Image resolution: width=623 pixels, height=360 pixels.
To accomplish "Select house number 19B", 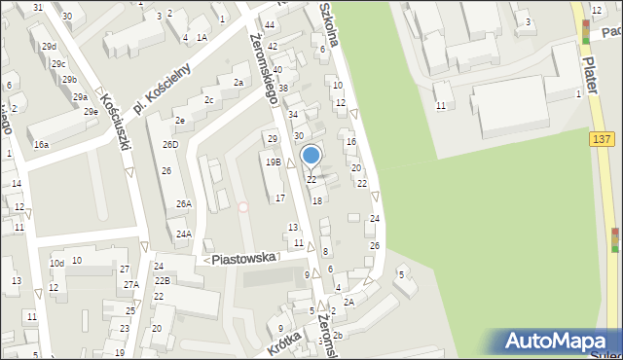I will (274, 162).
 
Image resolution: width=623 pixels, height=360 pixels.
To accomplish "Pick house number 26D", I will (170, 145).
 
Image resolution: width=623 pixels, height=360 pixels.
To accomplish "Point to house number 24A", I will (183, 234).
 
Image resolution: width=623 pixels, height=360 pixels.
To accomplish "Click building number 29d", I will (50, 47).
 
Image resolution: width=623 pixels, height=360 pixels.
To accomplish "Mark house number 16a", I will (41, 144).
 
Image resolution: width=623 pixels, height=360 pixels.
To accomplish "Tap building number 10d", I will (57, 263).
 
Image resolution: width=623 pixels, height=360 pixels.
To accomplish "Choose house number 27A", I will (130, 284).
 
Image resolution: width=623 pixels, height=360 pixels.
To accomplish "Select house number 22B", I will (162, 281).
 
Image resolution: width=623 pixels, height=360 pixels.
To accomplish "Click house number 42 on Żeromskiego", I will (273, 47).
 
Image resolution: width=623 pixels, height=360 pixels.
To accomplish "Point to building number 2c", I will (208, 99).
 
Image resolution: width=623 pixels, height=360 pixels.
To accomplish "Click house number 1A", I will (202, 38).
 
